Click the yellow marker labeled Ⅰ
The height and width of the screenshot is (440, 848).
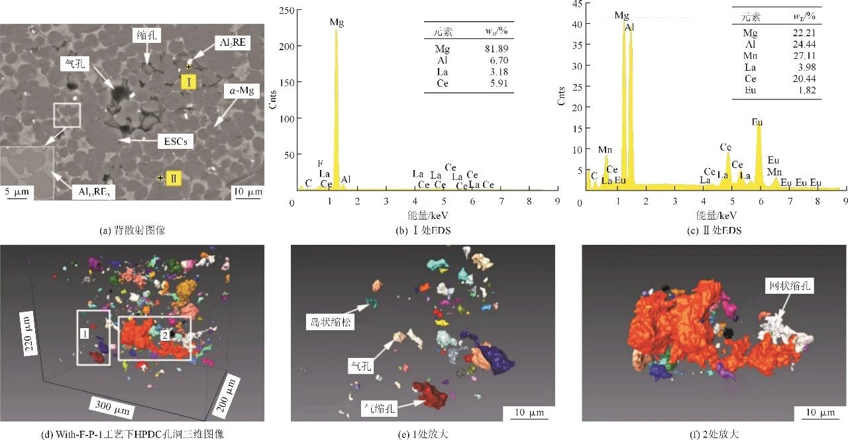[x=189, y=82]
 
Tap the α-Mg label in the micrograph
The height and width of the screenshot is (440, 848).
[x=244, y=91]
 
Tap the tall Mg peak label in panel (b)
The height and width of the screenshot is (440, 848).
[x=337, y=22]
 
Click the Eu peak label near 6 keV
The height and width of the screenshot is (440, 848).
[x=757, y=122]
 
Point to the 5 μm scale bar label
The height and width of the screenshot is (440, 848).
[x=15, y=192]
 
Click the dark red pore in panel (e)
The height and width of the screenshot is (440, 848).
[x=429, y=394]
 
